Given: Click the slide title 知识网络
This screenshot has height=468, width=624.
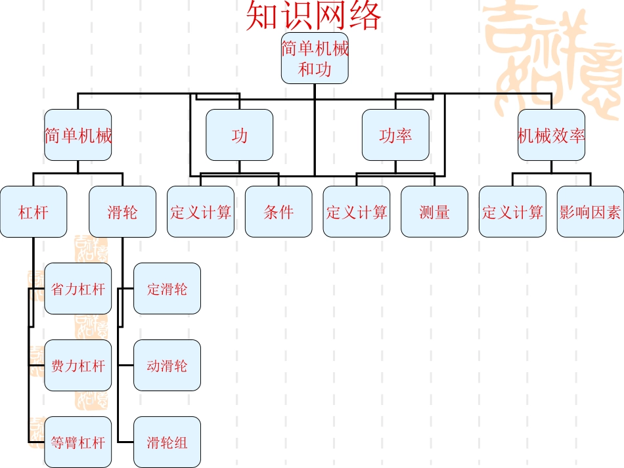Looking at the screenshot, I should [x=313, y=16].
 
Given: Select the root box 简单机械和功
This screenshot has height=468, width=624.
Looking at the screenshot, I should [x=315, y=58].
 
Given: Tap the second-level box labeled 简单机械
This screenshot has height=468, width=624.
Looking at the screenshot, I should [x=78, y=135].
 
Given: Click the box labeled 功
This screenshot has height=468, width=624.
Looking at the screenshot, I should [x=239, y=135].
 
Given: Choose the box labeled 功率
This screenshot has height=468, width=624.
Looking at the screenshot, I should [x=395, y=135].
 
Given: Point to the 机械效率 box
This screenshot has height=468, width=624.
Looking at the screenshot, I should [x=551, y=135].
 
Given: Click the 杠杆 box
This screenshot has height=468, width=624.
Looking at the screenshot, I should [x=33, y=212].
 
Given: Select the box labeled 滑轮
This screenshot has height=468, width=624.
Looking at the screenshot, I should [x=122, y=212].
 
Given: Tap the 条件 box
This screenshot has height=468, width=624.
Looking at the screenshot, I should [x=279, y=212].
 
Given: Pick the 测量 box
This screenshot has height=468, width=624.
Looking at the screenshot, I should [x=434, y=212].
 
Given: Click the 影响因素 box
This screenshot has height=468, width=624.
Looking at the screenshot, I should [x=590, y=212].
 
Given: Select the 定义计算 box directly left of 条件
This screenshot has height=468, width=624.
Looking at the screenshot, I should [x=200, y=212].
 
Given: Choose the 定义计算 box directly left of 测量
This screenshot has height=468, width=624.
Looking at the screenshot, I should [x=357, y=212].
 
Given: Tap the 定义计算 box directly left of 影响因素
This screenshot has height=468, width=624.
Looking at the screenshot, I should [x=512, y=212].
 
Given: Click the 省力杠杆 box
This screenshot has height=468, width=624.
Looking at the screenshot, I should [x=78, y=289].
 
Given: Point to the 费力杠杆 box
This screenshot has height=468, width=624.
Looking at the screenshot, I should [x=78, y=366].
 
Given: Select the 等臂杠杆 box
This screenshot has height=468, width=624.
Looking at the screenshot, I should [x=78, y=442].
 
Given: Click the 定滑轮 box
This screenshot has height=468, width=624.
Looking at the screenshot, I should [x=167, y=289].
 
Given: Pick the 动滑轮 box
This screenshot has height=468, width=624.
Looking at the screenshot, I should [x=167, y=366].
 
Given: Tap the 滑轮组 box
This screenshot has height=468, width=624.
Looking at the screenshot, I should [x=167, y=442].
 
